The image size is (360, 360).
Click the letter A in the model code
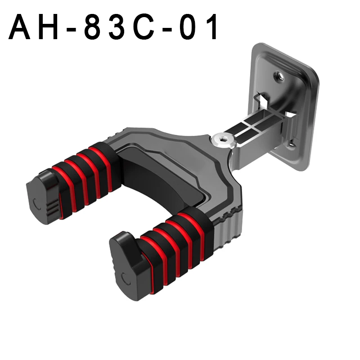point(19,27)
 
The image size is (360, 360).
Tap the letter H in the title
point(49,27)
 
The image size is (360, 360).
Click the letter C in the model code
point(144,27)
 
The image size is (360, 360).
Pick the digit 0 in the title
point(188,27)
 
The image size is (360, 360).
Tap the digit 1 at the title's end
point(212,27)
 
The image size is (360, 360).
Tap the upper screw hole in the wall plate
point(279,76)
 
